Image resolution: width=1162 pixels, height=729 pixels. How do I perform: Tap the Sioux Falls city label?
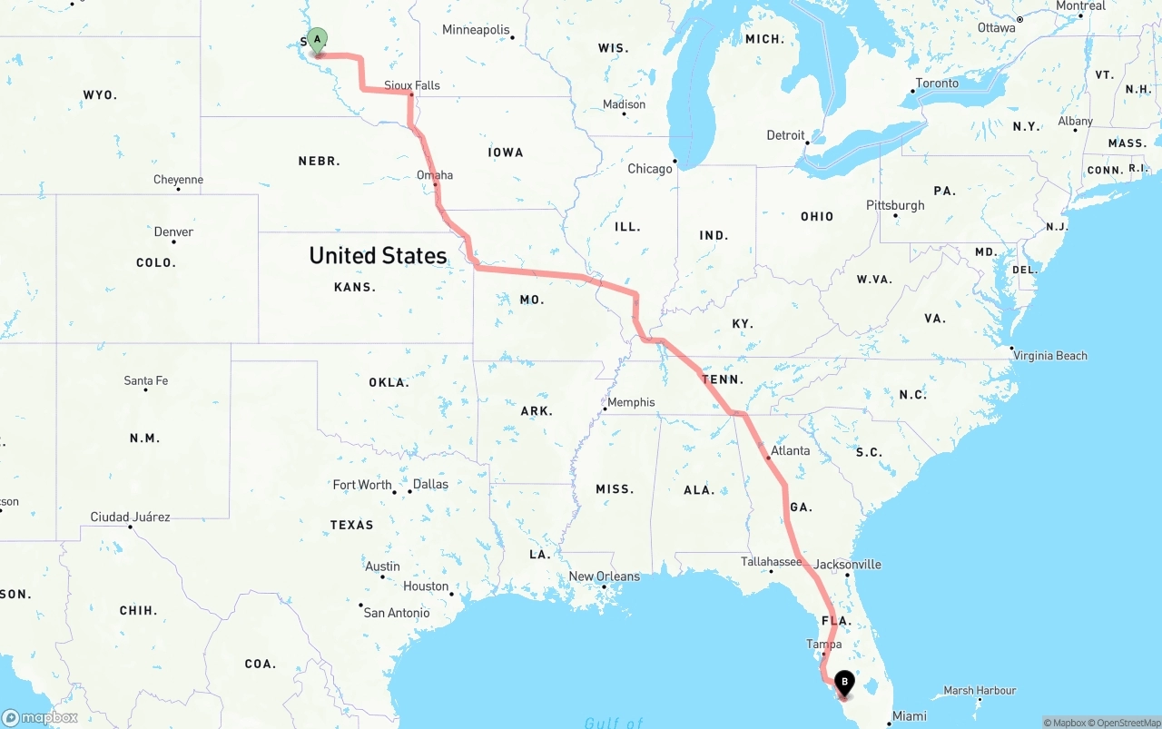pos(411,85)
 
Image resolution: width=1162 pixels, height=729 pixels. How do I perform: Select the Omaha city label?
pos(435,175)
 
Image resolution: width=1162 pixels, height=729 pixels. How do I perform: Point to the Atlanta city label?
pos(790,450)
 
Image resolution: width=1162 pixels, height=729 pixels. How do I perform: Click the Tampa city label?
pos(823,644)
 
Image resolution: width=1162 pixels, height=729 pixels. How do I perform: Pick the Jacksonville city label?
pos(847,564)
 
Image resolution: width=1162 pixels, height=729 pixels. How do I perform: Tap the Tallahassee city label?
pos(771,561)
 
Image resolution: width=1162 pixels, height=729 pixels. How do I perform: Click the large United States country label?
pos(378,255)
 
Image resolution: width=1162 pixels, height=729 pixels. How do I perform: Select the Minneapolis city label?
pos(476,30)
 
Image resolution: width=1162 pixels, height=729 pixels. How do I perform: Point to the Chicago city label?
pos(650,169)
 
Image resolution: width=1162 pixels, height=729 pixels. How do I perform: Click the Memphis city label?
pos(631,402)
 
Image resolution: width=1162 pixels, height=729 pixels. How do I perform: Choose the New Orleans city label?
pos(604,576)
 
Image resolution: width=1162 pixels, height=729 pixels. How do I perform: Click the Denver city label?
pos(173,232)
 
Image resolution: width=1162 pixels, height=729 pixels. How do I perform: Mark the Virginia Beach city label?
pos(1049,355)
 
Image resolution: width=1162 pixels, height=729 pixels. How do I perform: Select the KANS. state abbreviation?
pos(355,287)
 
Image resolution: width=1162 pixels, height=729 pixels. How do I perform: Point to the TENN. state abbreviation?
pos(723,379)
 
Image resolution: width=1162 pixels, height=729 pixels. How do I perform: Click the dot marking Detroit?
pos(807,141)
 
